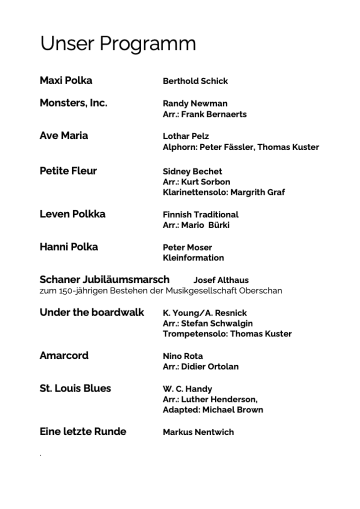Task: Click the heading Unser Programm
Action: click(x=117, y=44)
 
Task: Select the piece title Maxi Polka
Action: click(x=66, y=80)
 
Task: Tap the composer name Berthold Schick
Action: click(x=195, y=81)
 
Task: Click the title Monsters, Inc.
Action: click(x=73, y=103)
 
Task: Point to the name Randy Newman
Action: click(x=195, y=103)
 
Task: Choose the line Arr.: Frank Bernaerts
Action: click(x=204, y=114)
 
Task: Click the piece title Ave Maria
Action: click(x=63, y=135)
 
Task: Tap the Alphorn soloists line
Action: click(x=240, y=147)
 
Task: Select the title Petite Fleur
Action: click(x=68, y=171)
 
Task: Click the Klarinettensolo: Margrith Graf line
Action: click(x=223, y=192)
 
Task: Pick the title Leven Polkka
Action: click(x=72, y=214)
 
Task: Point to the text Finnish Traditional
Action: click(x=200, y=214)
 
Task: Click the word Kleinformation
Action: click(x=193, y=257)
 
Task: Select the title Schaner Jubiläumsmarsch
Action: click(x=104, y=279)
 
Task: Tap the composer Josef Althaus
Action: click(x=220, y=280)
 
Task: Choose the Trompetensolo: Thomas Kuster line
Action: click(x=227, y=333)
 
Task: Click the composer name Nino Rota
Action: click(x=182, y=356)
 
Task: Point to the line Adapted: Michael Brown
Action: click(x=212, y=409)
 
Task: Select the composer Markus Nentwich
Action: click(x=198, y=432)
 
